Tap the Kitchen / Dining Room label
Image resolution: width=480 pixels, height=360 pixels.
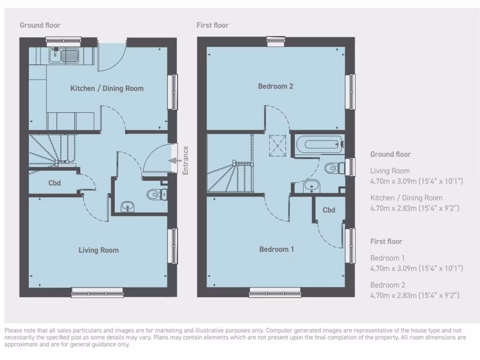107,88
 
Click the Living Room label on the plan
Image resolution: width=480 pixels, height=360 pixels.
98,250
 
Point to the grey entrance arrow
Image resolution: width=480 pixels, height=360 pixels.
175,160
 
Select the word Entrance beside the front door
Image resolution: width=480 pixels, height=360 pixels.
186,160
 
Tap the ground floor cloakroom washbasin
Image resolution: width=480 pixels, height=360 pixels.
127,206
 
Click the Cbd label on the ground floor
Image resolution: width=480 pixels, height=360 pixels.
55,183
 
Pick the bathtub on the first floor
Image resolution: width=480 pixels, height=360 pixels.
317,142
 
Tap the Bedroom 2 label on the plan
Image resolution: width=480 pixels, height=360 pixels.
276,86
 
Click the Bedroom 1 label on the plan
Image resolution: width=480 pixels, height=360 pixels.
277,249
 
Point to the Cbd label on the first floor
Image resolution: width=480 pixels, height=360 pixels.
329,210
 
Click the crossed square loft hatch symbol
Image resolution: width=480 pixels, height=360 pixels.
277,145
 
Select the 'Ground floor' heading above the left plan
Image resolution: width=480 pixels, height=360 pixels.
40,25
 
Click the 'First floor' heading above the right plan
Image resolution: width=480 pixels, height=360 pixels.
213,25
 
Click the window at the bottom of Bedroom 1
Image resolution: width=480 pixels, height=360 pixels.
274,293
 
